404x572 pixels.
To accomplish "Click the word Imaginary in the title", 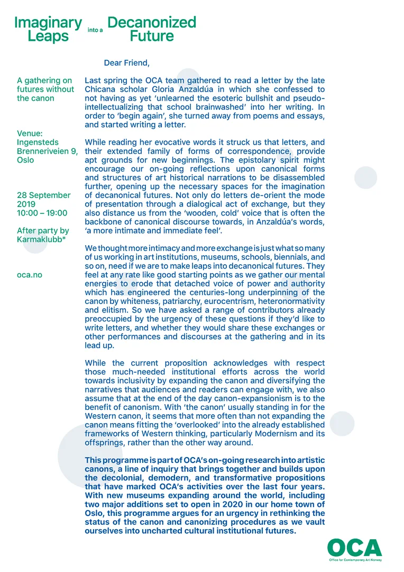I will (48, 23).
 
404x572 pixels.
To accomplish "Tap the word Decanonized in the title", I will (151, 22).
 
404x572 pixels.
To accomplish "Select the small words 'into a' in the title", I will (95, 31).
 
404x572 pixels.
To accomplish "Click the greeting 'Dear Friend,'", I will (126, 63).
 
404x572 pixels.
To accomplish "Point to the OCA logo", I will (354, 548).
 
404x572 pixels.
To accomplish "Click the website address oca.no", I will (30, 275).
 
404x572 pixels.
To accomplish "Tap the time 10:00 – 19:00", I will (42, 213).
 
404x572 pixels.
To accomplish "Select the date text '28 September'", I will (44, 195).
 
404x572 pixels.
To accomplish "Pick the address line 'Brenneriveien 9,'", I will (48, 151).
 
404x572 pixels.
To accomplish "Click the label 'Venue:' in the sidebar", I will (31, 133).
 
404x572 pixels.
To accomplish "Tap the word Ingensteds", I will (38, 142).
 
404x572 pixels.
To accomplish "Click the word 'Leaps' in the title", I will (48, 37).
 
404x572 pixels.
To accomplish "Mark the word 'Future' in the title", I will (151, 37).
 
